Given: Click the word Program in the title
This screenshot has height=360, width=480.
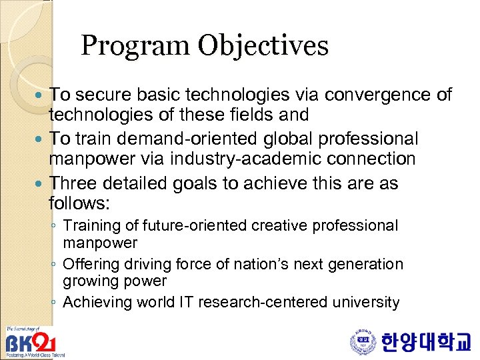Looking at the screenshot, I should (135, 46).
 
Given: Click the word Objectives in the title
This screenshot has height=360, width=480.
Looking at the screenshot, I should (263, 46).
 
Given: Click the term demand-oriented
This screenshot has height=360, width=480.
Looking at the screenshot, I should (175, 139).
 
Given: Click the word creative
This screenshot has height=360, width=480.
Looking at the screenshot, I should (278, 226).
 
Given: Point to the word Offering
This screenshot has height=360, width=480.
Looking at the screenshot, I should (91, 264).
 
